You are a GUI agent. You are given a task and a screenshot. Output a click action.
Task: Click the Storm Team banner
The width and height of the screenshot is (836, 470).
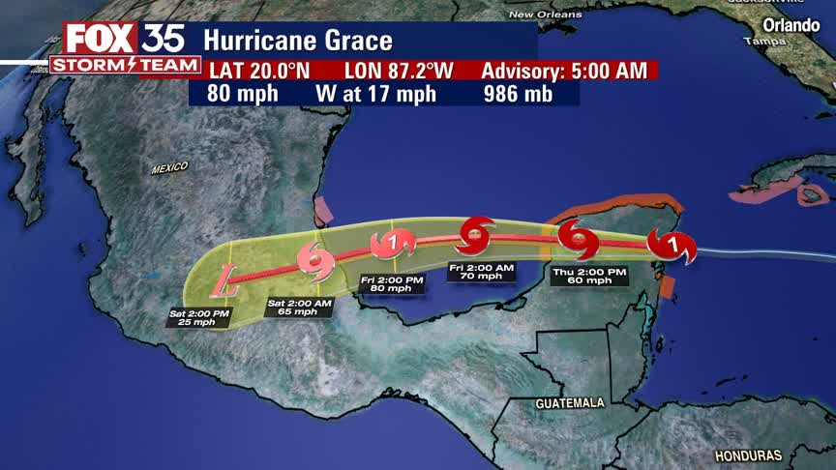125,65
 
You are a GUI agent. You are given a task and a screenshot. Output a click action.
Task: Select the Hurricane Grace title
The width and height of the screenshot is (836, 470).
298,42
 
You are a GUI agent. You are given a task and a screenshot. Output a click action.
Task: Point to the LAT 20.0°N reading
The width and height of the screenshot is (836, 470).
257,71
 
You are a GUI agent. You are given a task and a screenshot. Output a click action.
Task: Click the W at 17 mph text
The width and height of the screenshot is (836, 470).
375,94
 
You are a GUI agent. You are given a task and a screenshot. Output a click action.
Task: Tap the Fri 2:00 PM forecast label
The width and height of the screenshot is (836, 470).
393,283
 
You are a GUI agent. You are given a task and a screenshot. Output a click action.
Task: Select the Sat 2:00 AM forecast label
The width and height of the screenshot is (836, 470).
299,307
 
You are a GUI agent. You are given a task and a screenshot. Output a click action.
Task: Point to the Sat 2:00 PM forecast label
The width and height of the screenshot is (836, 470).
199,317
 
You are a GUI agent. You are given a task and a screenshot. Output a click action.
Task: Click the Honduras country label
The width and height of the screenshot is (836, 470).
748,455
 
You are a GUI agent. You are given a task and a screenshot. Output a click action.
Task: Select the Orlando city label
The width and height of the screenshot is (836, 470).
791,25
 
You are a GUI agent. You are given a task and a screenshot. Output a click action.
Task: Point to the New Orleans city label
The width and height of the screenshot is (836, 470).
546,15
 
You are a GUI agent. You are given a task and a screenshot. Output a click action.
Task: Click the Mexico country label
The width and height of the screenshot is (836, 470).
169,168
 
